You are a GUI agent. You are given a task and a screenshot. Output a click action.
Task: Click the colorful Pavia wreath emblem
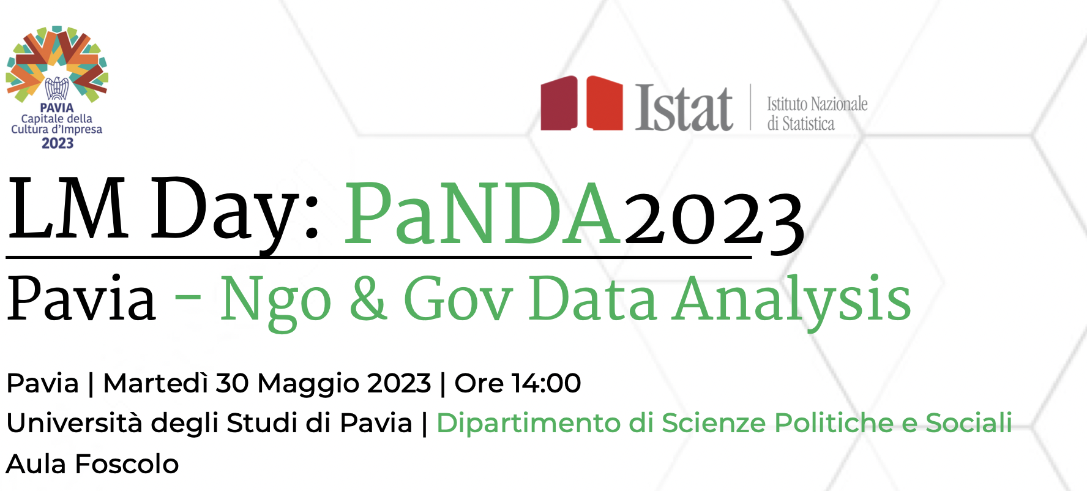(x=57, y=64)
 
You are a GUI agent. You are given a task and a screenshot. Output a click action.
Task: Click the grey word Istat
(x=684, y=108)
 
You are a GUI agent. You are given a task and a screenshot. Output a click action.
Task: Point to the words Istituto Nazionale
(x=817, y=104)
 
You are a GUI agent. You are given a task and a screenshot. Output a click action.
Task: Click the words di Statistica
(x=801, y=124)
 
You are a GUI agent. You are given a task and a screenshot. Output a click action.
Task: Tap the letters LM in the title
(x=67, y=209)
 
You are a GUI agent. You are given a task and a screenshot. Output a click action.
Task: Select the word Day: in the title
(x=236, y=211)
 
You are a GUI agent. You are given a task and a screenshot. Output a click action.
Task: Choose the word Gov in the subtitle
(x=458, y=299)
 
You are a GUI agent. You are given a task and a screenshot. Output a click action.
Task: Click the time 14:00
(x=547, y=383)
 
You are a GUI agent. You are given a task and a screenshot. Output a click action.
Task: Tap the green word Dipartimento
(x=528, y=423)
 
